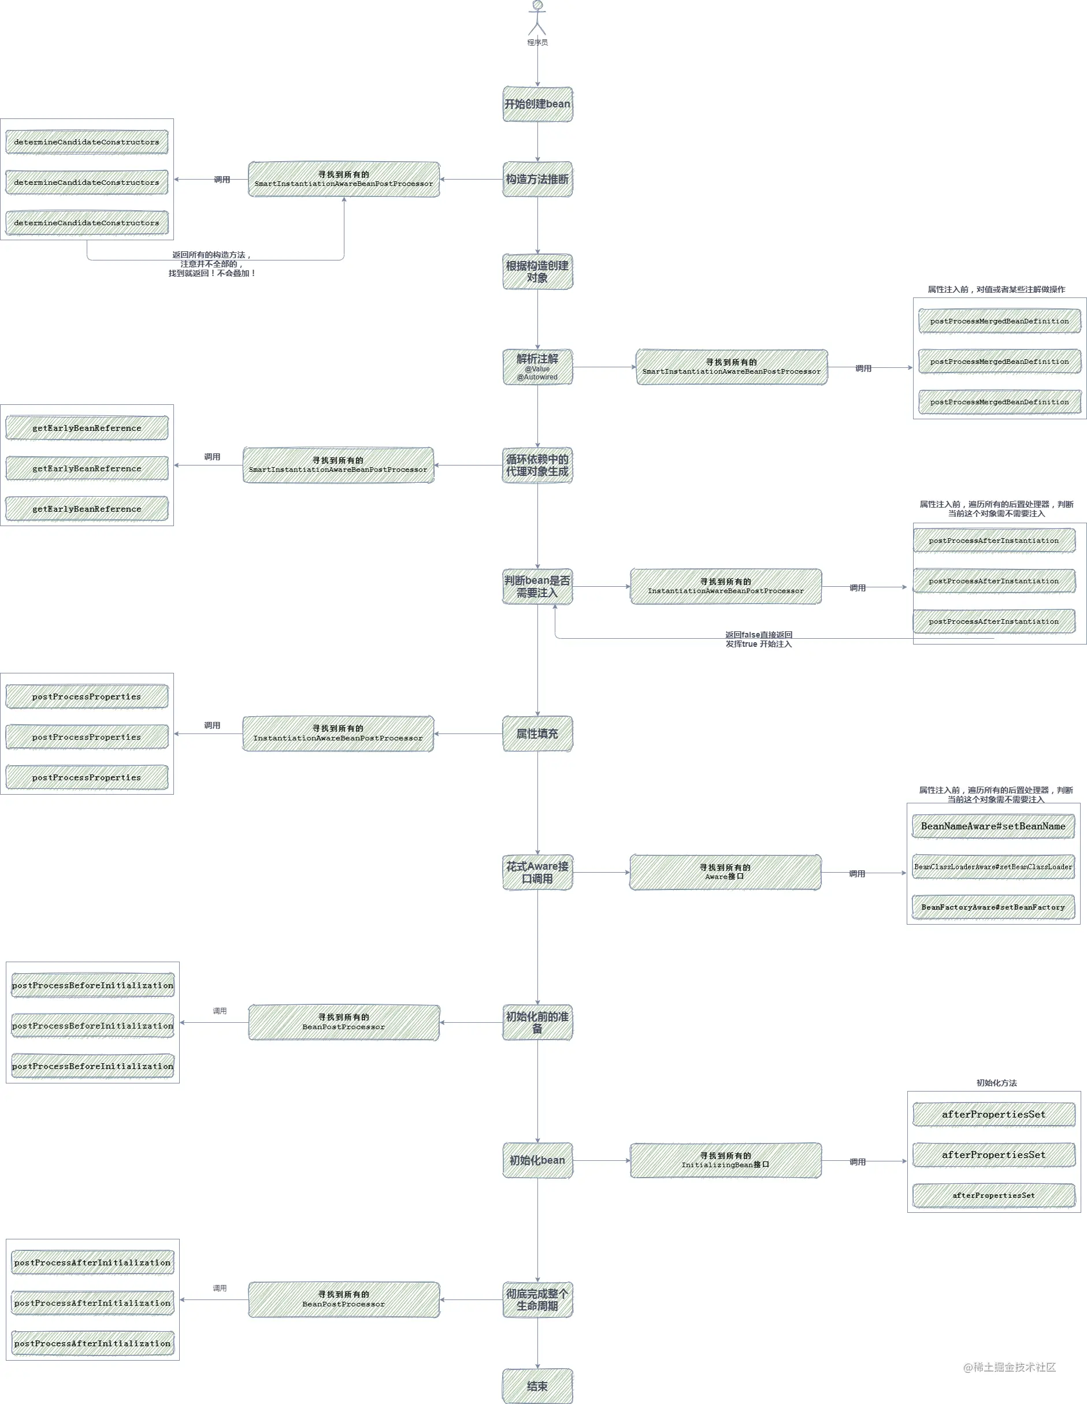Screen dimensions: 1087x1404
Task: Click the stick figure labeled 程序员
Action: [x=537, y=17]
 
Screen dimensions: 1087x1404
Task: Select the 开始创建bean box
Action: [x=537, y=104]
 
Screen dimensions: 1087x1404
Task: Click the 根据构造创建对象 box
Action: [x=537, y=271]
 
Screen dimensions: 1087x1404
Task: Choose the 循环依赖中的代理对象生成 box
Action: [x=537, y=465]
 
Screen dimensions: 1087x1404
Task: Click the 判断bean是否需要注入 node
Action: [x=537, y=586]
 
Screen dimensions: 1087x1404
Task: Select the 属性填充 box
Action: [x=537, y=733]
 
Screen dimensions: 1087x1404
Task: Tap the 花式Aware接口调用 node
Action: [x=537, y=872]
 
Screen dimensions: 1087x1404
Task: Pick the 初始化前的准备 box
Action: [x=537, y=1022]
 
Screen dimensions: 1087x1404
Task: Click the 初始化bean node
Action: [x=537, y=1160]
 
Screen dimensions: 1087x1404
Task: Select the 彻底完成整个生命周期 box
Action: [x=537, y=1300]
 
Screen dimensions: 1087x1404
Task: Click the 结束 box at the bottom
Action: [x=537, y=1386]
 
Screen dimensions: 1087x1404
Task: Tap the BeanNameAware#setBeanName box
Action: [x=993, y=826]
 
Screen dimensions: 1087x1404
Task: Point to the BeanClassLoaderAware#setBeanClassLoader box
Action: [x=993, y=866]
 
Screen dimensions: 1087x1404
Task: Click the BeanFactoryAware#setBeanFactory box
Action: [x=993, y=907]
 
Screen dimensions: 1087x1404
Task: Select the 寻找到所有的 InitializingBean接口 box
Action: [x=725, y=1160]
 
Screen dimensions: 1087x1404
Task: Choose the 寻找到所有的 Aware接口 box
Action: [x=725, y=872]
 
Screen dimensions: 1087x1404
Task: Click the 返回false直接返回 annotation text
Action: [x=759, y=635]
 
